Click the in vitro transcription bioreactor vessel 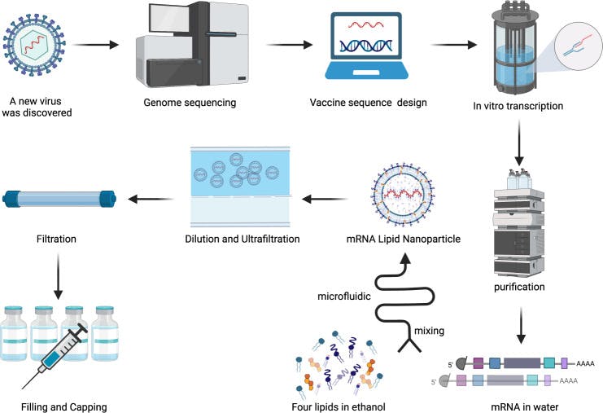[x=518, y=51]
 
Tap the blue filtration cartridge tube [x=59, y=198]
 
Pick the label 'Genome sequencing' [x=190, y=103]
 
